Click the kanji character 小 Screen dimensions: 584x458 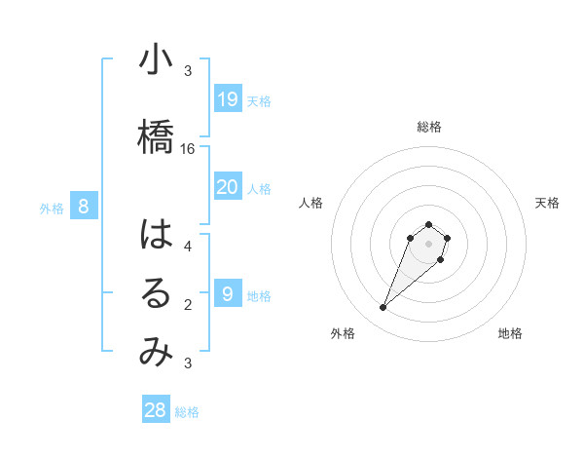coord(156,60)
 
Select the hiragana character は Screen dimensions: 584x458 coord(156,235)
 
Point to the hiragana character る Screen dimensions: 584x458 coord(156,294)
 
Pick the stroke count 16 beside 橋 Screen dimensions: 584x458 coord(188,149)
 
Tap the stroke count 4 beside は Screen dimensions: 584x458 coord(188,247)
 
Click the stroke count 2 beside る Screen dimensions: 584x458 coord(188,305)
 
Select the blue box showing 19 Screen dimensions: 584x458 coord(228,98)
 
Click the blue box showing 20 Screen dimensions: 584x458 coord(228,187)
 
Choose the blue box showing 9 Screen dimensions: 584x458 coord(228,294)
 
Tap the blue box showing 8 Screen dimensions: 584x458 coord(85,206)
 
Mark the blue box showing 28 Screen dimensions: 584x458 coord(156,410)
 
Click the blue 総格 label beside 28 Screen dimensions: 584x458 coord(187,412)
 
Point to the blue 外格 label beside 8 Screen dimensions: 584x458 coord(52,208)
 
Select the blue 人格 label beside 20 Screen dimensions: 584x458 coord(259,189)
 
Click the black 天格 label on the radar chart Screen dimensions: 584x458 coord(547,203)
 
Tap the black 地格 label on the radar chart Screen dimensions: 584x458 coord(510,334)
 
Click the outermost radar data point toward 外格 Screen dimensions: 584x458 coord(383,308)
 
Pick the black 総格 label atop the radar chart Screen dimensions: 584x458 coord(429,127)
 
